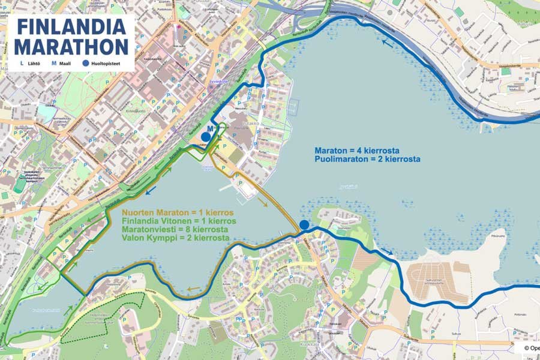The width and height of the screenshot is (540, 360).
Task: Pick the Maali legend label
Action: pyautogui.click(x=64, y=62)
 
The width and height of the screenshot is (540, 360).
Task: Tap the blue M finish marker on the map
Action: pyautogui.click(x=209, y=128)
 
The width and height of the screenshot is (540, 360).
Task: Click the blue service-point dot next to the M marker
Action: pyautogui.click(x=206, y=137)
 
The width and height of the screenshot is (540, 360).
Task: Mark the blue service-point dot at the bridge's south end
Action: pyautogui.click(x=304, y=225)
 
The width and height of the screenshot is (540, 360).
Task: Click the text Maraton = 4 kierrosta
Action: pyautogui.click(x=357, y=150)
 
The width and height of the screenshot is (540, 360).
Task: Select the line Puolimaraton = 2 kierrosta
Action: pyautogui.click(x=367, y=159)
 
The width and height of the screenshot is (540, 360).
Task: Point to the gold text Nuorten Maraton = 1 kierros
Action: pyautogui.click(x=178, y=212)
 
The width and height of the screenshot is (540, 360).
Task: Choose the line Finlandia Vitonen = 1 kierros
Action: pyautogui.click(x=179, y=221)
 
